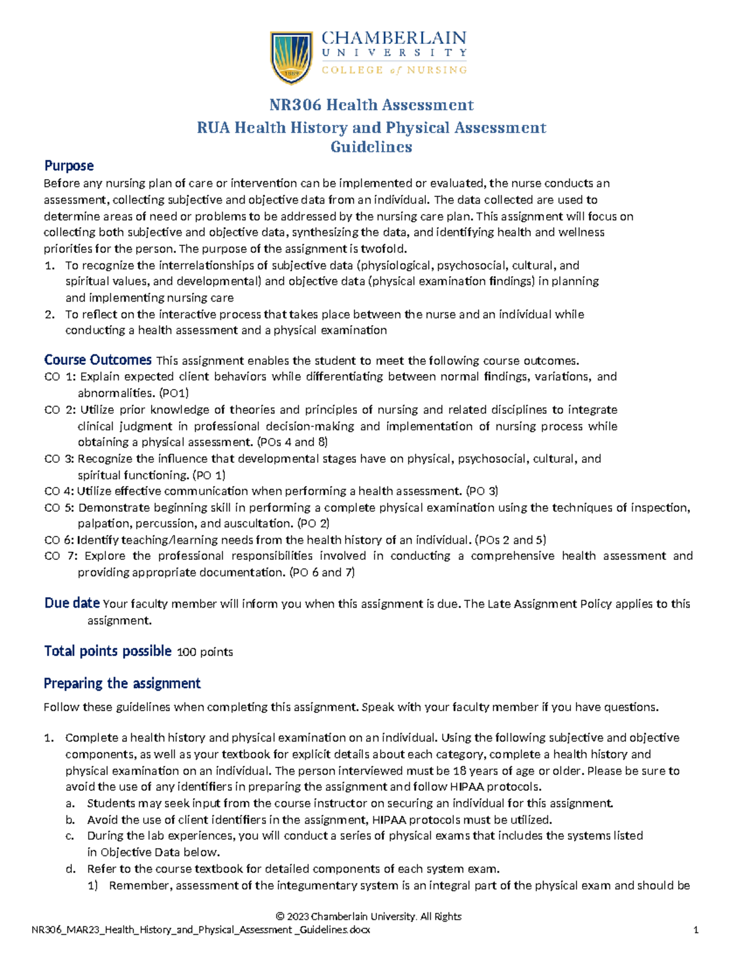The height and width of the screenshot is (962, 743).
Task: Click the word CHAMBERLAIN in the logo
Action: click(x=394, y=38)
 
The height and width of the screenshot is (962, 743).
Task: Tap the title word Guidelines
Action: click(x=371, y=147)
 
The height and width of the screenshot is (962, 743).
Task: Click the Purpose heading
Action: click(x=69, y=166)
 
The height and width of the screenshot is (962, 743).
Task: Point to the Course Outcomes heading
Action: click(x=98, y=360)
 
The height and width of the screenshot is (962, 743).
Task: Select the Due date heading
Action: click(x=72, y=603)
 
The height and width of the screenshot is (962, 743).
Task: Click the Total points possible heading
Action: click(x=108, y=651)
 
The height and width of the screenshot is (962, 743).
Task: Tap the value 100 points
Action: click(x=205, y=652)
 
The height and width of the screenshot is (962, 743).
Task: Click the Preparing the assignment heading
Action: click(x=122, y=683)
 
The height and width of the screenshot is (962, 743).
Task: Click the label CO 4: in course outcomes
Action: click(x=59, y=491)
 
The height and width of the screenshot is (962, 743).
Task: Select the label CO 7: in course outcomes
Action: click(x=61, y=556)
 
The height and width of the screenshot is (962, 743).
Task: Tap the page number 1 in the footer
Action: click(x=696, y=930)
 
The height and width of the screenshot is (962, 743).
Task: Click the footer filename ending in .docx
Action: click(x=201, y=930)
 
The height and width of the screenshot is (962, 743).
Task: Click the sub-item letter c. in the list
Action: click(x=70, y=836)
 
